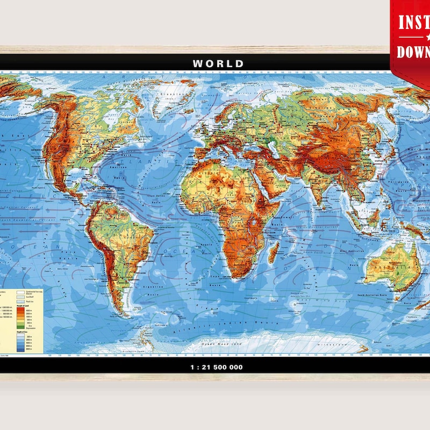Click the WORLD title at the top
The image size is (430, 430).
click(218, 63)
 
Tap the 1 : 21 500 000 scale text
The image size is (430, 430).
click(217, 367)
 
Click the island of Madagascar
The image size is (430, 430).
click(274, 251)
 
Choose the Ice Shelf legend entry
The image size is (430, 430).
click(25, 297)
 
